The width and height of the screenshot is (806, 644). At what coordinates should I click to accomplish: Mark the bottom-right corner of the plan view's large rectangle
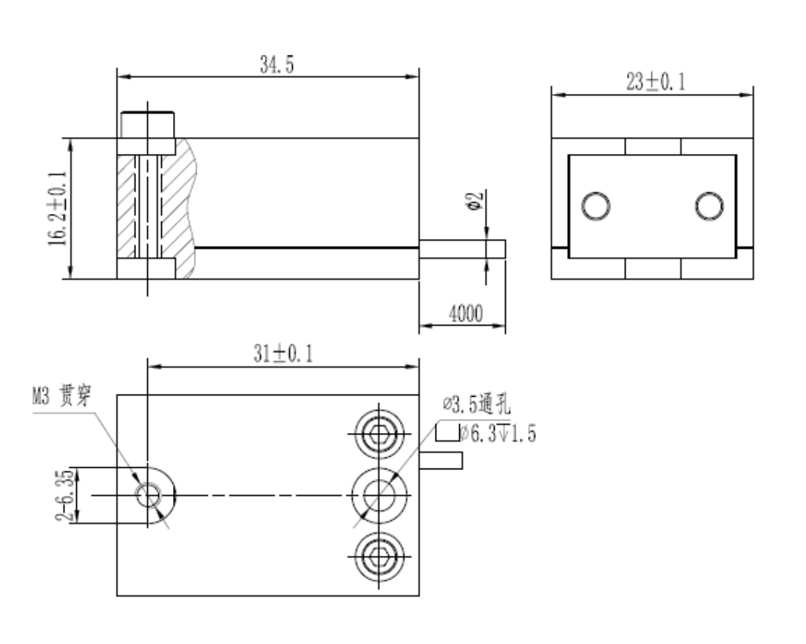pos(419,596)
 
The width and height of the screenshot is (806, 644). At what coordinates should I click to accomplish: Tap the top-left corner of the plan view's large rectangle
pos(117,395)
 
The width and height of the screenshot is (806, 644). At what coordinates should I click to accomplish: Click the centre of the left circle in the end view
pos(596,207)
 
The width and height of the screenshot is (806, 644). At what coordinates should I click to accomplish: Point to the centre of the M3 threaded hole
pos(148,494)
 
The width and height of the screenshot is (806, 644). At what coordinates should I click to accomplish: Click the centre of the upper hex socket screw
pos(379,434)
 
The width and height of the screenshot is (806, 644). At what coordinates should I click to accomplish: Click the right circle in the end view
pos(709,207)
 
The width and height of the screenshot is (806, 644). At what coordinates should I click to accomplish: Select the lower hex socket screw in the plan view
pos(379,557)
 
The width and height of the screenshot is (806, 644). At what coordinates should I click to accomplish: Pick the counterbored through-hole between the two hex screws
pos(379,495)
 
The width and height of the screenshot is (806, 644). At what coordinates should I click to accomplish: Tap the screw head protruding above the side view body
pos(148,125)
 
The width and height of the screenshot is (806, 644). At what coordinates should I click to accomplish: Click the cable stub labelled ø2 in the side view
pos(462,249)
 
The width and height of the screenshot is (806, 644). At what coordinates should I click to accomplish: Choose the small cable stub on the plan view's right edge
pos(441,460)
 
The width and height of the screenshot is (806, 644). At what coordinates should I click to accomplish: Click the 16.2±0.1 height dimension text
pos(58,208)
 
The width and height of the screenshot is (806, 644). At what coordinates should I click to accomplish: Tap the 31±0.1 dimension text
pos(282,354)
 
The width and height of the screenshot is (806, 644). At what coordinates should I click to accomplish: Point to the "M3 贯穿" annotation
pos(61,395)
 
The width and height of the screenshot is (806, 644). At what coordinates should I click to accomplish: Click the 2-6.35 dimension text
pos(65,495)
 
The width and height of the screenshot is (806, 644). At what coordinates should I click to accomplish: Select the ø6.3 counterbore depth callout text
pos(498,433)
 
